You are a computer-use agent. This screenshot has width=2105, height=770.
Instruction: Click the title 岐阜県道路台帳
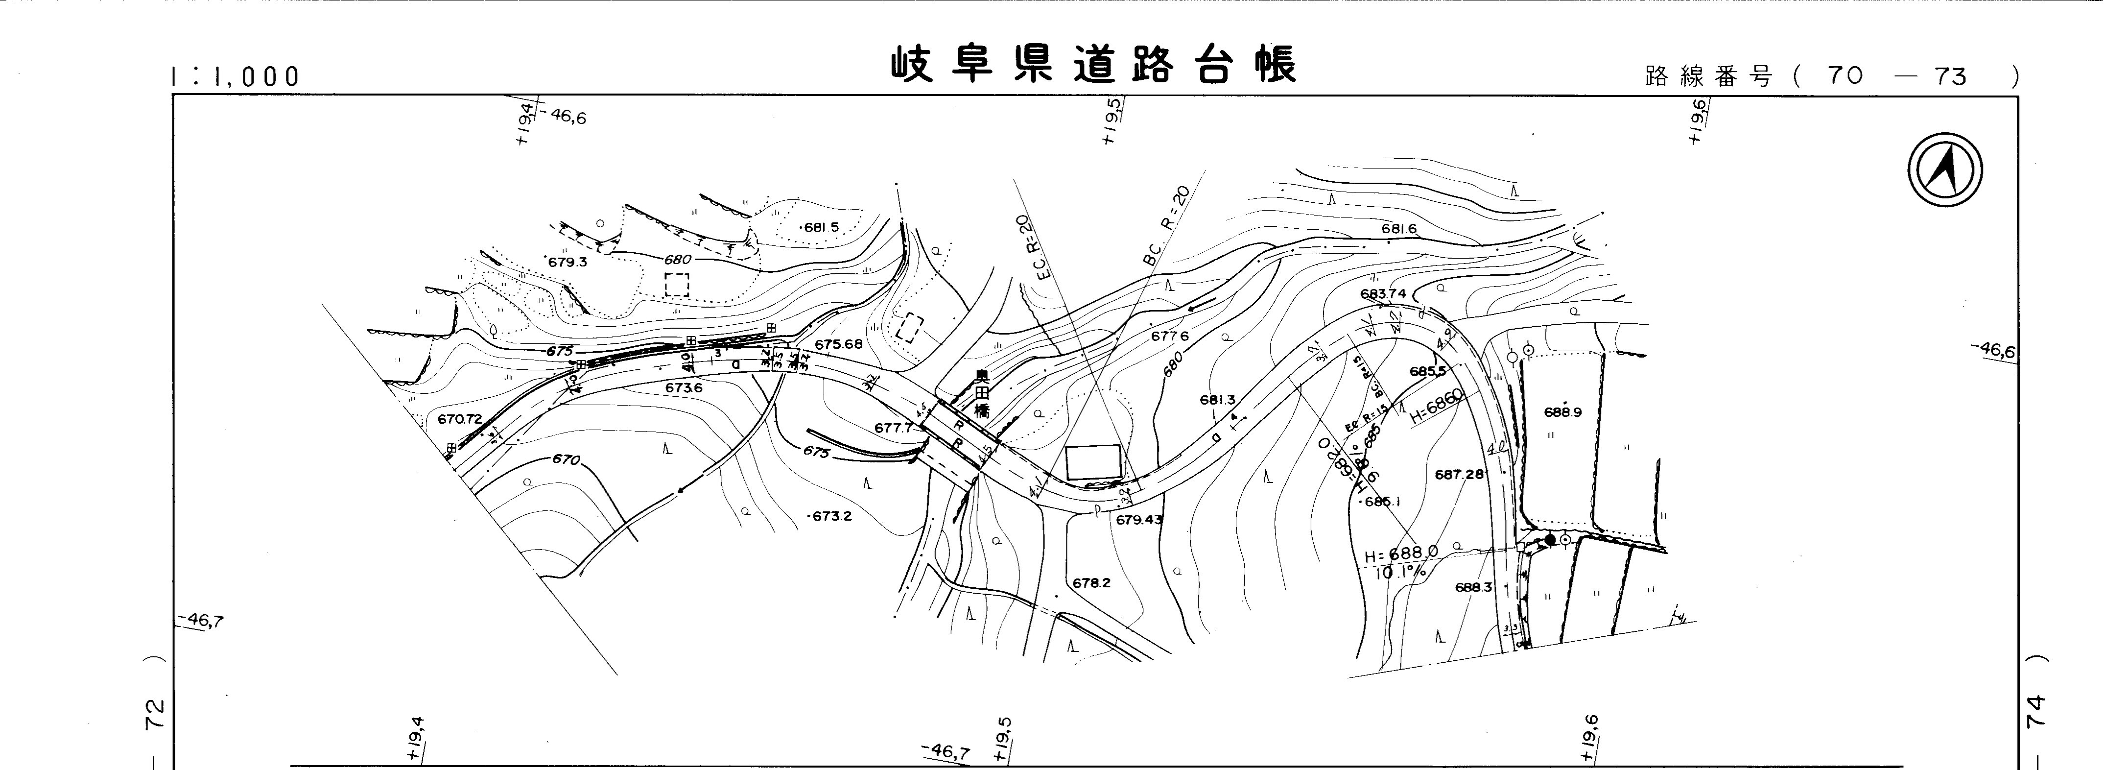click(x=1093, y=66)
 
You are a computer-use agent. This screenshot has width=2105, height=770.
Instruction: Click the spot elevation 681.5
click(x=821, y=227)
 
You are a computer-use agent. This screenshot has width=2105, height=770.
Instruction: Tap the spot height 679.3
click(x=567, y=263)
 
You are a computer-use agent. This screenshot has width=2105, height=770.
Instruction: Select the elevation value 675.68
click(x=838, y=344)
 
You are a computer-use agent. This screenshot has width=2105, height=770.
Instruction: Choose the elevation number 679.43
click(x=1138, y=519)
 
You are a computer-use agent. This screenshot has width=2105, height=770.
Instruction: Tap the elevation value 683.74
click(x=1383, y=293)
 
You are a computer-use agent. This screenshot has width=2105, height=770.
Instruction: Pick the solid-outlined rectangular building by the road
click(x=1093, y=463)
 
